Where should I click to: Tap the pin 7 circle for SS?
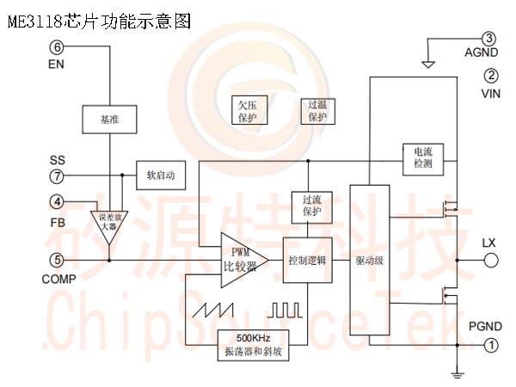pos(57,176)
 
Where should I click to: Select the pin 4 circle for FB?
pos(57,202)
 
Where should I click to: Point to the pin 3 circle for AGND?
pos(489,39)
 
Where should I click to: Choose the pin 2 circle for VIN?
pos(490,75)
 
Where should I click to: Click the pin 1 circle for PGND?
pos(490,345)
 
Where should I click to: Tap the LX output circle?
pos(490,260)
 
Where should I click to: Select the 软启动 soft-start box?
pos(160,175)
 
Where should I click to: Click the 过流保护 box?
pos(311,206)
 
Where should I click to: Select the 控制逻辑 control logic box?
pos(307,260)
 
